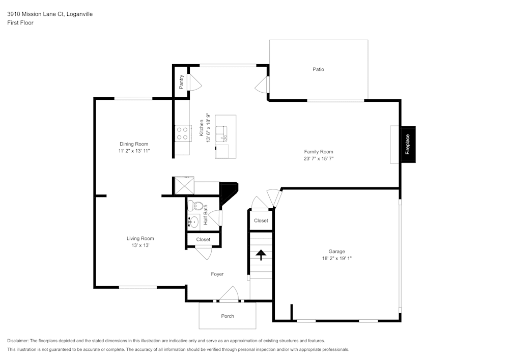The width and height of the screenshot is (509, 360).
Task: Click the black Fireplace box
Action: pos(408,145)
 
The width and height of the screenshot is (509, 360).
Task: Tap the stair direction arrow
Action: pos(261,255)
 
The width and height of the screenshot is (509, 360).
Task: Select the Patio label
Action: pos(318,69)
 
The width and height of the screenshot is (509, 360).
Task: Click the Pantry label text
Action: pos(181,81)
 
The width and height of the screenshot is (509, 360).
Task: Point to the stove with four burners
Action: pos(182,133)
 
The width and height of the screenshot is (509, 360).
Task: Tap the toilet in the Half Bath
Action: pos(193,206)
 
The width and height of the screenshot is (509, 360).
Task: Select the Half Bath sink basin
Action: pos(193,222)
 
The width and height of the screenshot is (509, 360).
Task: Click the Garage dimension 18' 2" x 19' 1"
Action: pos(336,258)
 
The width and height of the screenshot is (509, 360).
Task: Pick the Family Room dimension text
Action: pos(319,159)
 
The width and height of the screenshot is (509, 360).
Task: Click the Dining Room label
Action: pos(134,144)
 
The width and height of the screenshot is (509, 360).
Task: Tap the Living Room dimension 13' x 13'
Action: pos(140,245)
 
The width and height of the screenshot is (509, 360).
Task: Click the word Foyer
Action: pos(217,274)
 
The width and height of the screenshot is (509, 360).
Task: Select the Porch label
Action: pos(228,316)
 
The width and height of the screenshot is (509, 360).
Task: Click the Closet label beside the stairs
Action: pos(261,220)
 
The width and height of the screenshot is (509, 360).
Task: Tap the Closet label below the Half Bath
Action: pos(203,239)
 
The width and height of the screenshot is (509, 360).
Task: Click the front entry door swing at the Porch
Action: pos(229,294)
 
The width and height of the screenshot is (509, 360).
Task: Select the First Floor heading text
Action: pos(20,23)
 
